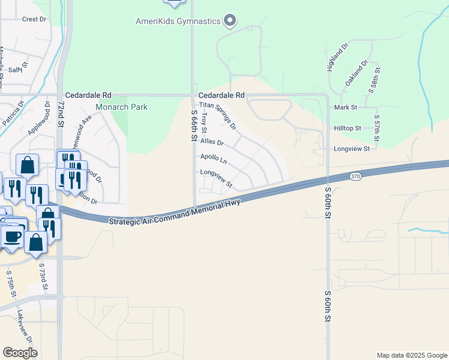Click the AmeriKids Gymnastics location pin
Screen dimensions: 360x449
click(x=229, y=21)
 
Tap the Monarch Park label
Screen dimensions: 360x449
click(x=122, y=107)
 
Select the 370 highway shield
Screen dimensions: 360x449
click(x=355, y=176)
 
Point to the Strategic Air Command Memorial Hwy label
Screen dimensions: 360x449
click(x=175, y=212)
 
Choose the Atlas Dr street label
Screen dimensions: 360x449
click(x=212, y=143)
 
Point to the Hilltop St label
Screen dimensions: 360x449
click(x=348, y=128)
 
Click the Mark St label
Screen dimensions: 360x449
click(x=346, y=107)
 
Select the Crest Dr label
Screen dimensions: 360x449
click(x=34, y=19)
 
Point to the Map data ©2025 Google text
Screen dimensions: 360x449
click(x=411, y=355)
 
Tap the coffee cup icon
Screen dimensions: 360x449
click(x=11, y=235)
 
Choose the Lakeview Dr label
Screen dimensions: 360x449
click(x=25, y=327)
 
